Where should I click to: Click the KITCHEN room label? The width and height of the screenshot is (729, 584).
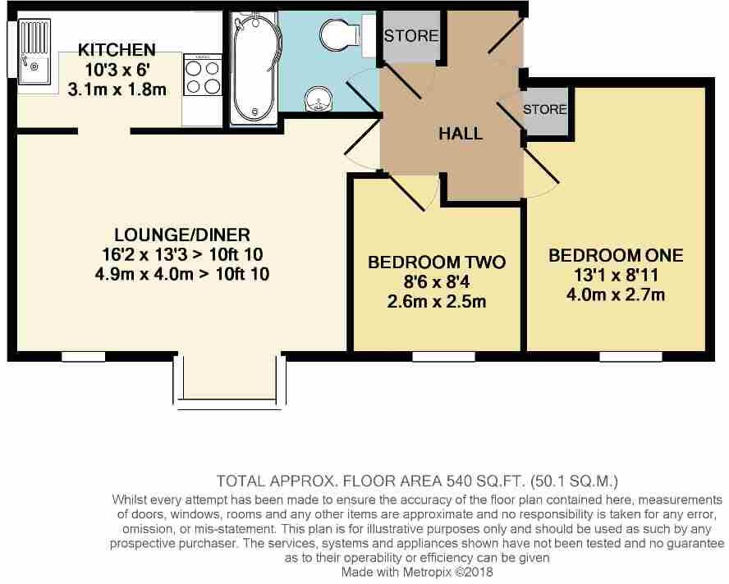tap(117, 50)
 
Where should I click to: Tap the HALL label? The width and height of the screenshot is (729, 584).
tap(461, 134)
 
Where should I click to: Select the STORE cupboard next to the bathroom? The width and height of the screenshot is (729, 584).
tap(410, 38)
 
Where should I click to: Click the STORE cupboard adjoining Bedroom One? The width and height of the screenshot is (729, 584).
tap(544, 110)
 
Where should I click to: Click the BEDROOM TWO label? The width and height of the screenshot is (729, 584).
tap(436, 262)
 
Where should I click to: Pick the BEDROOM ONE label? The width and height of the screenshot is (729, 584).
tap(616, 255)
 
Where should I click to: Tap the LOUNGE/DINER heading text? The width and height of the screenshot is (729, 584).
tap(182, 235)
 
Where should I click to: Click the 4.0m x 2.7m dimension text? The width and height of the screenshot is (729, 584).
tap(616, 294)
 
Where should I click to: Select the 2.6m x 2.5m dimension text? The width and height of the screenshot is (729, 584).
tap(436, 302)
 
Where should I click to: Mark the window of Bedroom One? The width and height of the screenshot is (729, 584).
tap(630, 356)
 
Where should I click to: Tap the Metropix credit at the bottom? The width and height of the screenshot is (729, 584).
tap(418, 572)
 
